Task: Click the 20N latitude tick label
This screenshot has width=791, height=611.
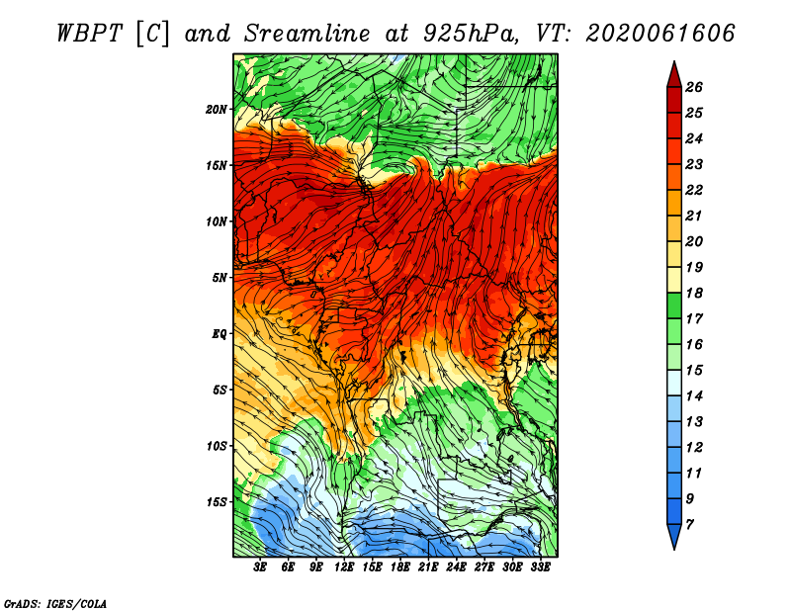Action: pyautogui.click(x=216, y=109)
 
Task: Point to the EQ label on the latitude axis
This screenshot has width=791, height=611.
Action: pyautogui.click(x=219, y=333)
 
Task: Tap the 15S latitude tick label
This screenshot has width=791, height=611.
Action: pyautogui.click(x=217, y=502)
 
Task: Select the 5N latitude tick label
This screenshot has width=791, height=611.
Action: pyautogui.click(x=220, y=278)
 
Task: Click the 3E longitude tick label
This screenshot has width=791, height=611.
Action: pyautogui.click(x=260, y=567)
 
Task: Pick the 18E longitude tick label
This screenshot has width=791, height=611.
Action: pyautogui.click(x=400, y=567)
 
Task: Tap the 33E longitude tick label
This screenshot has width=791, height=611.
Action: pyautogui.click(x=540, y=567)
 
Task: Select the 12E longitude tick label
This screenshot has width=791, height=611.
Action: pyautogui.click(x=344, y=567)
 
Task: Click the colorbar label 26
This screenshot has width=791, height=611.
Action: pyautogui.click(x=694, y=87)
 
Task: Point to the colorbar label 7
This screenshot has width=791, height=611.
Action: pyautogui.click(x=690, y=525)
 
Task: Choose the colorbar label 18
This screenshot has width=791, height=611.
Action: pyautogui.click(x=694, y=293)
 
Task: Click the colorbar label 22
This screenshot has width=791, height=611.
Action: pyautogui.click(x=694, y=190)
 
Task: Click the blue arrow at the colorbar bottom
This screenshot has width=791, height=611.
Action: pyautogui.click(x=674, y=535)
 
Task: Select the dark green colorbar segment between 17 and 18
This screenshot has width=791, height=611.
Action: pyautogui.click(x=674, y=305)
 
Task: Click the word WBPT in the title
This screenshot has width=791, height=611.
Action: pyautogui.click(x=89, y=34)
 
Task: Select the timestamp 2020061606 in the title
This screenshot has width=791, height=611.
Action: pyautogui.click(x=660, y=34)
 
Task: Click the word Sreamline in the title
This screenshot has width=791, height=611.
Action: pyautogui.click(x=308, y=34)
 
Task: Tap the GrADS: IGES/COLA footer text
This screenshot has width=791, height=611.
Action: pyautogui.click(x=55, y=603)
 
